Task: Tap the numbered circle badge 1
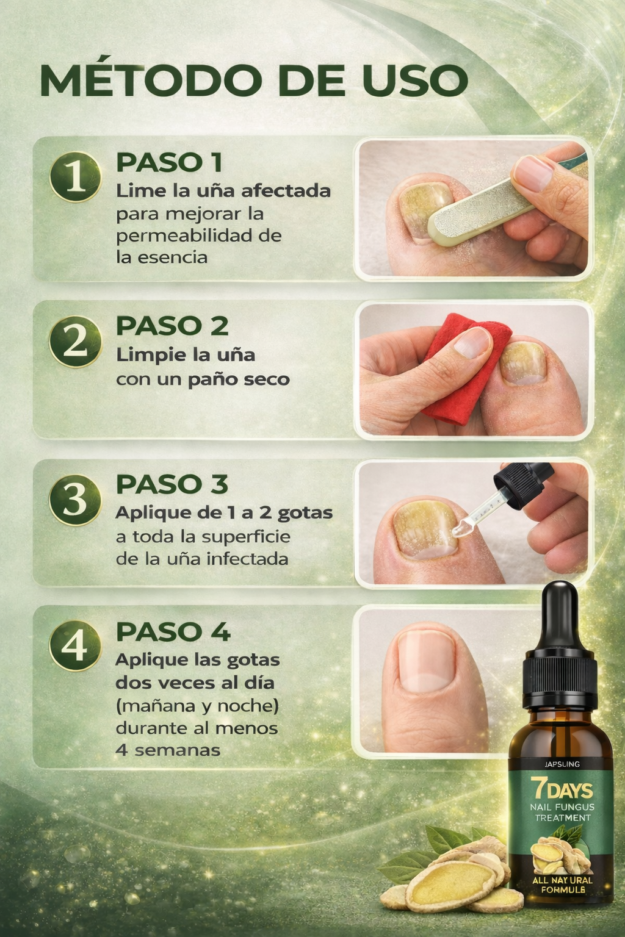(75, 177)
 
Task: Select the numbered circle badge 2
(75, 341)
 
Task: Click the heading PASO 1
(169, 162)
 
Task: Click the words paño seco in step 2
(239, 379)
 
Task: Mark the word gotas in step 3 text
(305, 513)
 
